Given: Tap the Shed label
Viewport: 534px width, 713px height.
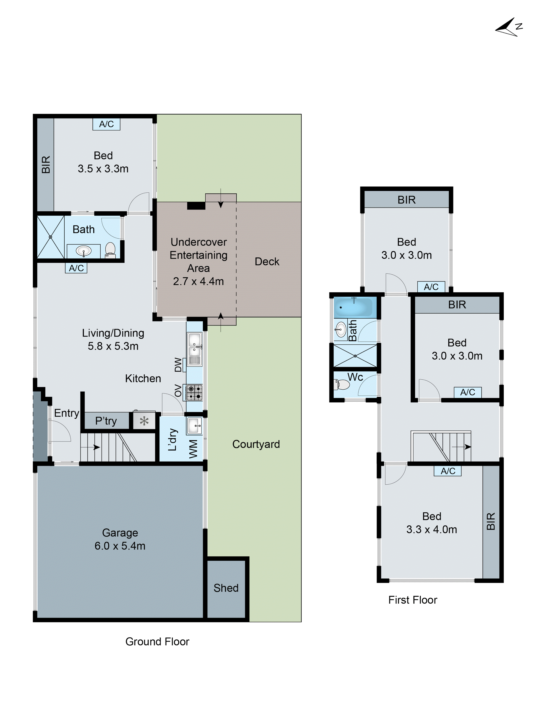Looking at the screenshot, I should coord(226,588).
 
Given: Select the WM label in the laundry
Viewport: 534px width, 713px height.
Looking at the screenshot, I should coord(193,449).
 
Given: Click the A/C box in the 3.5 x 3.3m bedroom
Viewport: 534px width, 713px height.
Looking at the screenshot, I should coord(106,124).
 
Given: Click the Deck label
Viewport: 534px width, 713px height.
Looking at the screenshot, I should coord(267,261).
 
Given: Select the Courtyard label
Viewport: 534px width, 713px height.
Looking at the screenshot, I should coord(256,444).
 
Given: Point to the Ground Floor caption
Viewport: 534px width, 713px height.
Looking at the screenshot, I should coord(157,642).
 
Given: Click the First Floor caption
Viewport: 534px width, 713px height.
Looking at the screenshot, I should coord(413,600).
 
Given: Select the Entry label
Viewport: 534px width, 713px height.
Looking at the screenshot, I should coord(66,413).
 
